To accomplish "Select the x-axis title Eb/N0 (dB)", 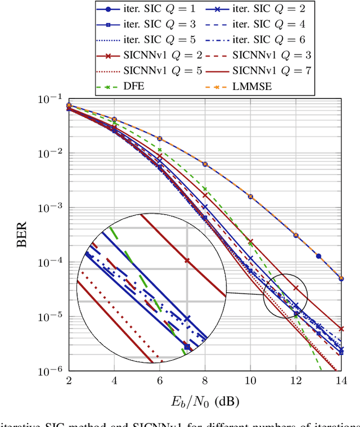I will tap(205, 401).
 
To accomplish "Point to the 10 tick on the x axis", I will tap(250, 381).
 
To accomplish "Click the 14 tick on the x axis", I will tap(341, 381).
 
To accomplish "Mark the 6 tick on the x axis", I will tap(159, 381).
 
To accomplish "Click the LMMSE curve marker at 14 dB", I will tap(341, 278).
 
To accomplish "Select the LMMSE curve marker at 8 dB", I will tap(205, 164).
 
